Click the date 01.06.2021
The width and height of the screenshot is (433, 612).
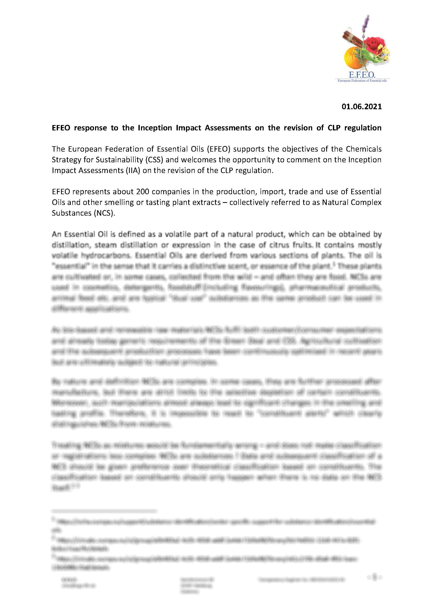click(x=361, y=107)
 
